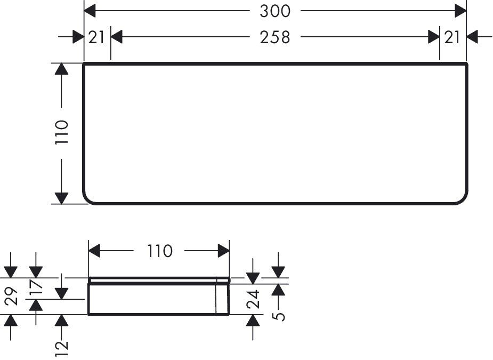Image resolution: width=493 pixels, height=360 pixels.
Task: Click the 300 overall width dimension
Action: coord(275,11)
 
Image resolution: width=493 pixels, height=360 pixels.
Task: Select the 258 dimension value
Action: coord(275,37)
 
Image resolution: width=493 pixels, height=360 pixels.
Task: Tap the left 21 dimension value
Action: coord(96,37)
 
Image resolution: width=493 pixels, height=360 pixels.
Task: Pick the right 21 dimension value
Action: coord(452,37)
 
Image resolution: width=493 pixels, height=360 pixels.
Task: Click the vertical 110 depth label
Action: coord(62,132)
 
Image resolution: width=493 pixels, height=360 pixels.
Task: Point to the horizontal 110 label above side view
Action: coord(160,251)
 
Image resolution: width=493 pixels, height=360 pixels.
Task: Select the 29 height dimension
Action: coord(12,296)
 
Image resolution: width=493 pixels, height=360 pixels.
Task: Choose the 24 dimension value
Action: coord(253,299)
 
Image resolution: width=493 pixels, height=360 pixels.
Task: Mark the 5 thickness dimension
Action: coord(278,316)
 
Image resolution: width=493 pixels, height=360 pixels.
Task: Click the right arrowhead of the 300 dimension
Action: coord(460,11)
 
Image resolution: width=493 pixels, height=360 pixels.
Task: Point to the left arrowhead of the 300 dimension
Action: coord(90,11)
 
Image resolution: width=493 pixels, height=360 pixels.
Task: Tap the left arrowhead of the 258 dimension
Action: coord(117,37)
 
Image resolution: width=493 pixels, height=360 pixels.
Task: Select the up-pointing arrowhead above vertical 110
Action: coord(61,69)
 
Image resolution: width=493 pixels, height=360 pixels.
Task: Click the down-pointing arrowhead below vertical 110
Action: coord(61,198)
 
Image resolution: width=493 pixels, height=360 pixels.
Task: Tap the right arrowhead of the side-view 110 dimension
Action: coord(224,251)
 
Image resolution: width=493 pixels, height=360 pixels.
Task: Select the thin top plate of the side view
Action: coord(159,280)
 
